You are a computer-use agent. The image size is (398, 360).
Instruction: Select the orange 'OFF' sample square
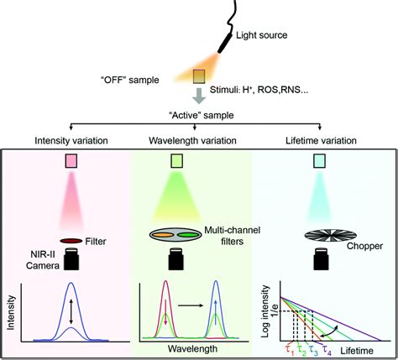pos(201,76)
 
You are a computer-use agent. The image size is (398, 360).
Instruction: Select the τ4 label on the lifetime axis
pos(332,347)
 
